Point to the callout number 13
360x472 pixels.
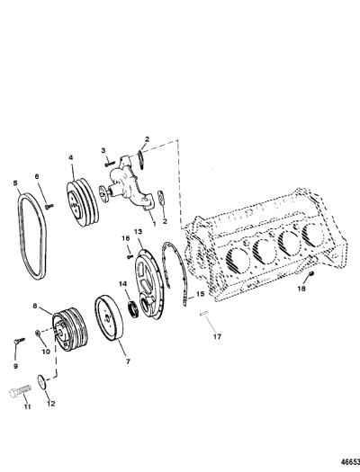138,232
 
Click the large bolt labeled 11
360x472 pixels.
20,391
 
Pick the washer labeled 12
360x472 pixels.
42,382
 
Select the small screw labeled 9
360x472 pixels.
19,340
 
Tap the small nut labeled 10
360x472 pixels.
38,333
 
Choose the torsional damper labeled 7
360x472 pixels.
109,318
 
